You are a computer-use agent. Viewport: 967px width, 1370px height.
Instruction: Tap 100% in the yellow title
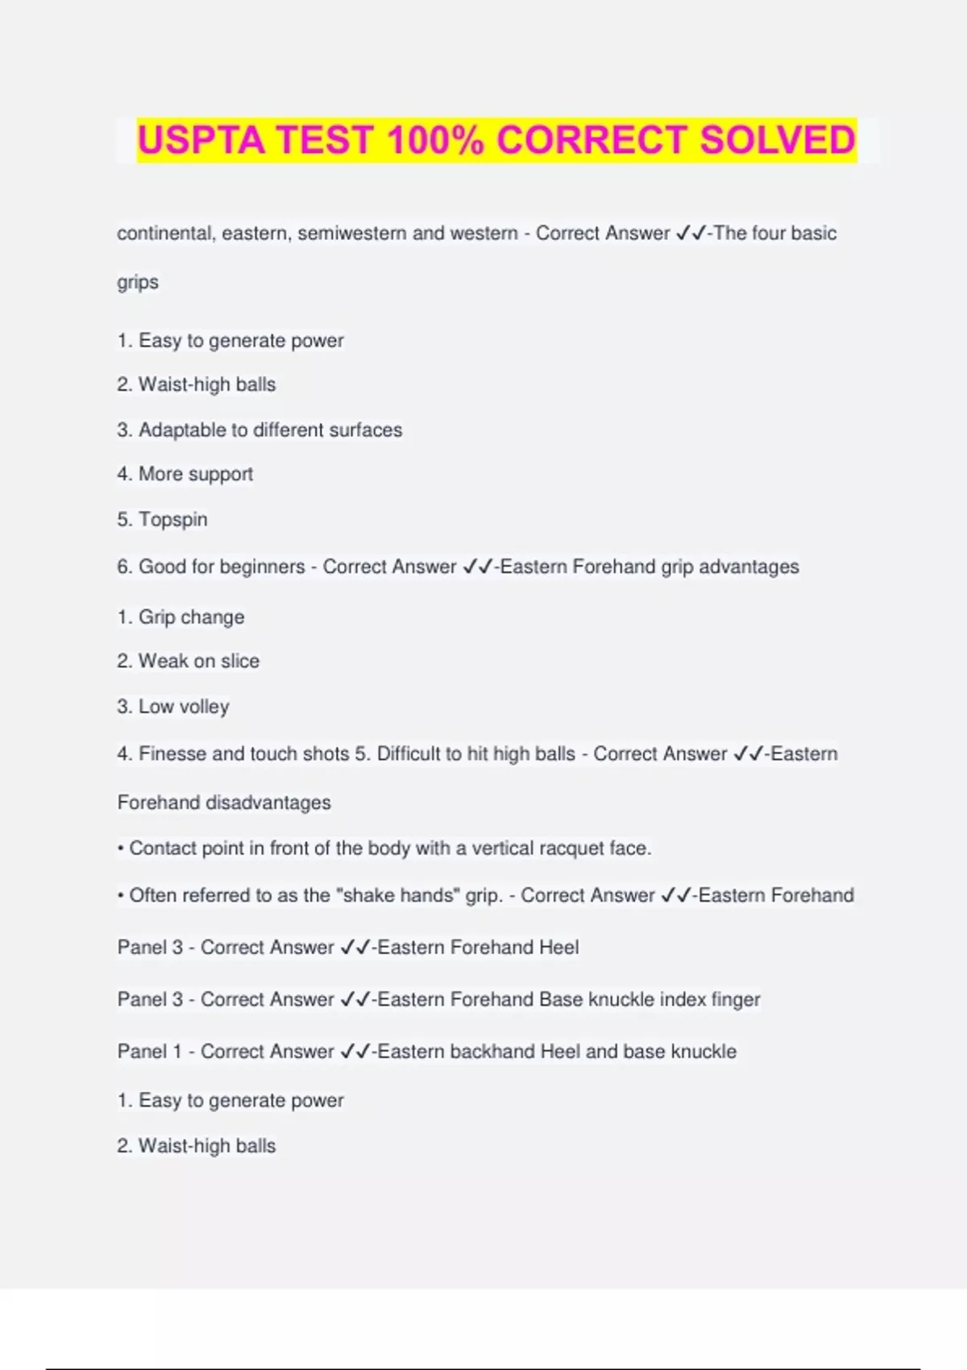(435, 140)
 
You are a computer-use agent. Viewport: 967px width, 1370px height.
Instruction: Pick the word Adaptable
(182, 430)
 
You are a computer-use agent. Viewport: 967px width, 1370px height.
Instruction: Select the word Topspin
(172, 520)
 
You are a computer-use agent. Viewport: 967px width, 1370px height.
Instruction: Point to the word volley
(205, 707)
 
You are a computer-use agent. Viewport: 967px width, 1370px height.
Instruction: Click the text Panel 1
(149, 1052)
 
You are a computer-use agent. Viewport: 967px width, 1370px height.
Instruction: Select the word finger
(735, 1000)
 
